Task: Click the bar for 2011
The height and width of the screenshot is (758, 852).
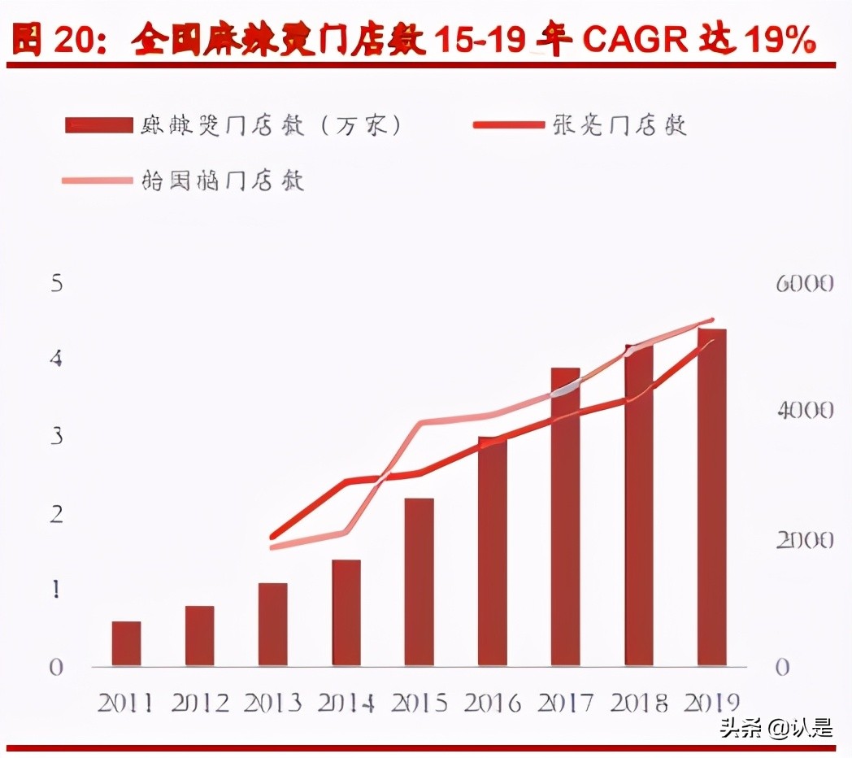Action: (126, 643)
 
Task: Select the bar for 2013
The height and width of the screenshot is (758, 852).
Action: (272, 624)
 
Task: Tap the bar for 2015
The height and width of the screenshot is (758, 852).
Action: (419, 582)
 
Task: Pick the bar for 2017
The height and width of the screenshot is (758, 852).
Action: (565, 516)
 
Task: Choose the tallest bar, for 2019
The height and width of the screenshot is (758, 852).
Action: (711, 497)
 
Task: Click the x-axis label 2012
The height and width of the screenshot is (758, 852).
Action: (199, 703)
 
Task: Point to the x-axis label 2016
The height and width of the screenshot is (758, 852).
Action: (492, 703)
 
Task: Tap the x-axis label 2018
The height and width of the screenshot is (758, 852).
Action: (638, 703)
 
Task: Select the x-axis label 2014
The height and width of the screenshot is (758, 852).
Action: (346, 703)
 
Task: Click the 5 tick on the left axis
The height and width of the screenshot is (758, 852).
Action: (56, 283)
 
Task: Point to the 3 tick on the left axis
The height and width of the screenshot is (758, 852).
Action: (56, 437)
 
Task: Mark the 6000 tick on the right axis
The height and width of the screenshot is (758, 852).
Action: (804, 283)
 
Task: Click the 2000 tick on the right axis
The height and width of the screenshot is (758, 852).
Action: (804, 539)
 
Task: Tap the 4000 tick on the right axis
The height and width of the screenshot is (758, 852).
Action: (804, 411)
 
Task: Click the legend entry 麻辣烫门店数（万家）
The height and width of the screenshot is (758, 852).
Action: (236, 125)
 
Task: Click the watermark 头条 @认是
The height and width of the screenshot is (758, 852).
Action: (776, 728)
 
